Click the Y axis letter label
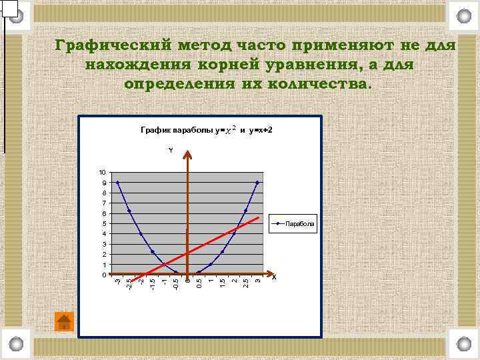click(170, 151)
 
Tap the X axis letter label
click(274, 277)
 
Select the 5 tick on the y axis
click(103, 223)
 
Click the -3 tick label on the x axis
click(118, 284)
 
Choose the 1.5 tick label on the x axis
click(223, 284)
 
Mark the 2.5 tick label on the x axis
click(246, 284)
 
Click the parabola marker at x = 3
click(257, 182)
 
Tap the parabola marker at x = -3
click(118, 182)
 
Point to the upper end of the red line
click(258, 218)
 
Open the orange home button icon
click(64, 321)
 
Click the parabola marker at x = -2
click(141, 233)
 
